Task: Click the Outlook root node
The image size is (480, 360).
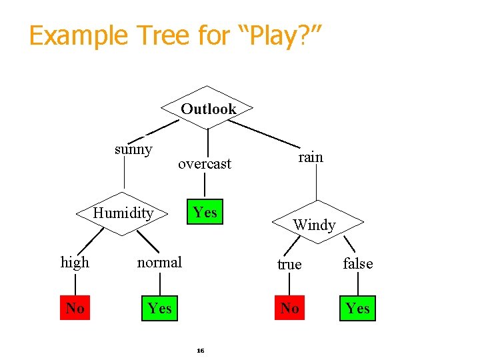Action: click(208, 109)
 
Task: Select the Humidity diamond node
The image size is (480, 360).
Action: click(123, 213)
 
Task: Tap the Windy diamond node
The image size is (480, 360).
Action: click(315, 224)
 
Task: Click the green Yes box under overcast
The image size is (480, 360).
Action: click(205, 213)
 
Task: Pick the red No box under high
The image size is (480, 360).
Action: click(75, 308)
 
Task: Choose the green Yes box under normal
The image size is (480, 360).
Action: click(160, 308)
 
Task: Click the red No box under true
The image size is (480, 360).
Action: click(289, 308)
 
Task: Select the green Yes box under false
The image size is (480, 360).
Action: click(358, 308)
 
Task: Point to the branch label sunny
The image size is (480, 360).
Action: click(133, 149)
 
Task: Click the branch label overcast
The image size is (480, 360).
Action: click(205, 163)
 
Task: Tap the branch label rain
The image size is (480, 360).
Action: click(310, 157)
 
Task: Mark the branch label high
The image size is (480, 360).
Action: click(75, 263)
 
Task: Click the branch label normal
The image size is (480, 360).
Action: click(159, 263)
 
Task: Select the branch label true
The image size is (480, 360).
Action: click(289, 265)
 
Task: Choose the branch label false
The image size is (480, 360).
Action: click(358, 264)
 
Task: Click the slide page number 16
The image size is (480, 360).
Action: click(200, 350)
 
